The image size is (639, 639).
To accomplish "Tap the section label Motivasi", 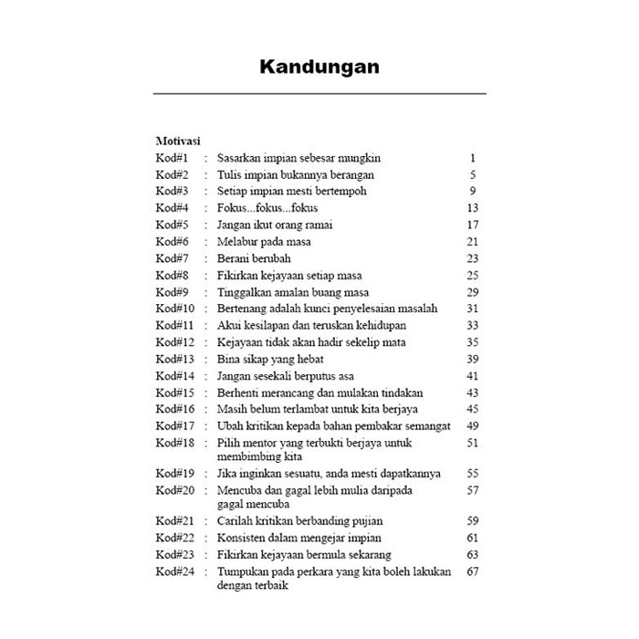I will (x=178, y=141).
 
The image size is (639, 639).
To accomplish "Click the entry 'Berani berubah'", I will (x=253, y=258).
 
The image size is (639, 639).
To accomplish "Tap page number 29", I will (x=472, y=292).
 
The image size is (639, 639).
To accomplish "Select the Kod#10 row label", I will (x=175, y=309).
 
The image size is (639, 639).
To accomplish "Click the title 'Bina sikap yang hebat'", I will (x=272, y=359).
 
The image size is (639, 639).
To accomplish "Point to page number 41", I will (x=472, y=376).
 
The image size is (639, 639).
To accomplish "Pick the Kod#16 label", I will (x=175, y=409).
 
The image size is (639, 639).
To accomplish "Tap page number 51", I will (x=472, y=443).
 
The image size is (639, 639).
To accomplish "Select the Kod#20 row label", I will (x=175, y=490).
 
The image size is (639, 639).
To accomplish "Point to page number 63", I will (x=472, y=555).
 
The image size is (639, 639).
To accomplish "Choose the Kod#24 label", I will (x=175, y=571).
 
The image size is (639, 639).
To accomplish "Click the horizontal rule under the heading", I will (x=319, y=94).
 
